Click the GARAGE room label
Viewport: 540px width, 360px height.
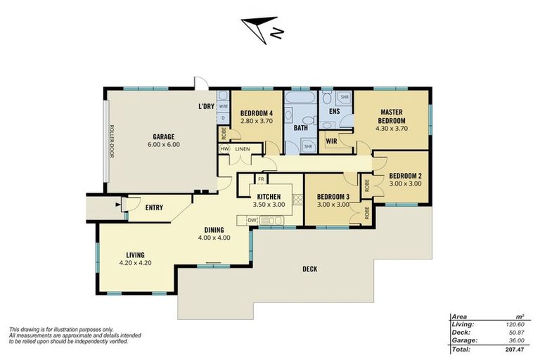click(164, 137)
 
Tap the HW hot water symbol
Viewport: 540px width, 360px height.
click(224, 149)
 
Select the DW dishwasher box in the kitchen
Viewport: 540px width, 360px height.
click(252, 220)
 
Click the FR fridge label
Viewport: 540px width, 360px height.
click(261, 179)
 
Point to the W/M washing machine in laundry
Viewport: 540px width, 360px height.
click(223, 106)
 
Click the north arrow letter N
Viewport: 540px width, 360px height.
click(277, 33)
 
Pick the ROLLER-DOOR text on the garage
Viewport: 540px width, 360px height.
click(111, 141)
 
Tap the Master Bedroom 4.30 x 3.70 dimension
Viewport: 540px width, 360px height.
click(392, 129)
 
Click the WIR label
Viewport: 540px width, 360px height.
click(331, 141)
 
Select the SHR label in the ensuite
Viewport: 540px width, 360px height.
click(345, 97)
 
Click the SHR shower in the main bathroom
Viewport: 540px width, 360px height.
click(308, 146)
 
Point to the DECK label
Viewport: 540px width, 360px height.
click(310, 269)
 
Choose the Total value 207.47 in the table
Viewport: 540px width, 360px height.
click(515, 349)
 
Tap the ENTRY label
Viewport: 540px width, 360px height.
click(154, 207)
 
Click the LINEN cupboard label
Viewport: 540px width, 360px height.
click(243, 149)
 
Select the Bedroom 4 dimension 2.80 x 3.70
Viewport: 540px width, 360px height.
click(257, 121)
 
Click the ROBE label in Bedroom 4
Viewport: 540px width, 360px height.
click(224, 134)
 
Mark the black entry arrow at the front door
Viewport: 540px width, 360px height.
click(118, 205)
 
